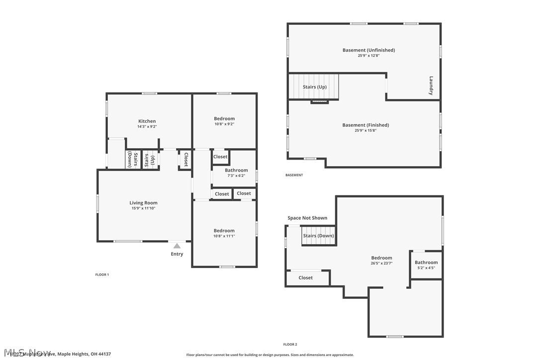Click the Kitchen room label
[x=147, y=121]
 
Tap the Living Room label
[x=143, y=203]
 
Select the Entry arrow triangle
[x=177, y=246]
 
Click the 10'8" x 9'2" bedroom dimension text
[x=224, y=124]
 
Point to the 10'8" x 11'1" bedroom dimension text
[x=224, y=236]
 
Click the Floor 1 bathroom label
[x=236, y=171]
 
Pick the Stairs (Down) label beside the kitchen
[x=132, y=160]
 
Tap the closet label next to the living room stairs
[x=186, y=160]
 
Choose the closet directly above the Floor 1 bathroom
[x=220, y=157]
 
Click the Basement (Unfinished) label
[x=368, y=50]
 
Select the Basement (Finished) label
[x=365, y=125]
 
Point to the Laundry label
[x=431, y=86]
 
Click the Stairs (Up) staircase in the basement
[x=314, y=87]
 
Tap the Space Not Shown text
[x=307, y=218]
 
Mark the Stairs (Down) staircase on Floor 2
[x=318, y=236]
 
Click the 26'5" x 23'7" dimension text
[x=381, y=264]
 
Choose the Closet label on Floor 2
[x=306, y=278]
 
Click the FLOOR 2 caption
[x=290, y=345]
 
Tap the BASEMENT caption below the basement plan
[x=294, y=175]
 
